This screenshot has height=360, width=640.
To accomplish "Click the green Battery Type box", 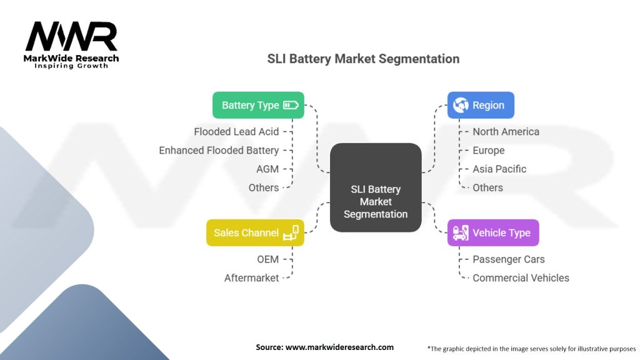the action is pyautogui.click(x=258, y=105).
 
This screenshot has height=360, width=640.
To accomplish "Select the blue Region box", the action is pyautogui.click(x=481, y=105).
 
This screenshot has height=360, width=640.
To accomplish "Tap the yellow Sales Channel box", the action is pyautogui.click(x=255, y=232).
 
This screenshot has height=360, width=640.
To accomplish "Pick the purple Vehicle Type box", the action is pyautogui.click(x=493, y=232).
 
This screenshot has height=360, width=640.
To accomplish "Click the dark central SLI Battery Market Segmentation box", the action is pyautogui.click(x=376, y=187).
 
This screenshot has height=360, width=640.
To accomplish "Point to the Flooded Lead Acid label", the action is pyautogui.click(x=236, y=132).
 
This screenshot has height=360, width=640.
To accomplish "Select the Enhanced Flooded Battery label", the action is pyautogui.click(x=219, y=151).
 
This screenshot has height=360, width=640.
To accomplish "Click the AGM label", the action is pyautogui.click(x=267, y=169).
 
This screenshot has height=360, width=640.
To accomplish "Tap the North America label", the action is pyautogui.click(x=506, y=132).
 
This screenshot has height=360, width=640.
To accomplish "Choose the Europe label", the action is pyautogui.click(x=489, y=151).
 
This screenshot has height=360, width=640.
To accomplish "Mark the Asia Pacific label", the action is pyautogui.click(x=499, y=169).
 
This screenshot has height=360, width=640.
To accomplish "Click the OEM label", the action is pyautogui.click(x=267, y=259).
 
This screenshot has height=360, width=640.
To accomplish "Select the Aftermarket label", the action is pyautogui.click(x=251, y=278).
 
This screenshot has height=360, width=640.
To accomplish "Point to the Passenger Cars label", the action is pyautogui.click(x=509, y=259).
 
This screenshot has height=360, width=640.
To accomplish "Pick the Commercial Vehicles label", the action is pyautogui.click(x=521, y=278).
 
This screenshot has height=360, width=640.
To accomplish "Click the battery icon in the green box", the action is pyautogui.click(x=291, y=105).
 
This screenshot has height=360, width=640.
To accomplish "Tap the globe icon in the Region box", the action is pyautogui.click(x=461, y=105).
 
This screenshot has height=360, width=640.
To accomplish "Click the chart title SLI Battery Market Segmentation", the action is pyautogui.click(x=363, y=59).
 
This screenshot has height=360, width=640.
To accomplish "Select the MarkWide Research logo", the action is pyautogui.click(x=71, y=45).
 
